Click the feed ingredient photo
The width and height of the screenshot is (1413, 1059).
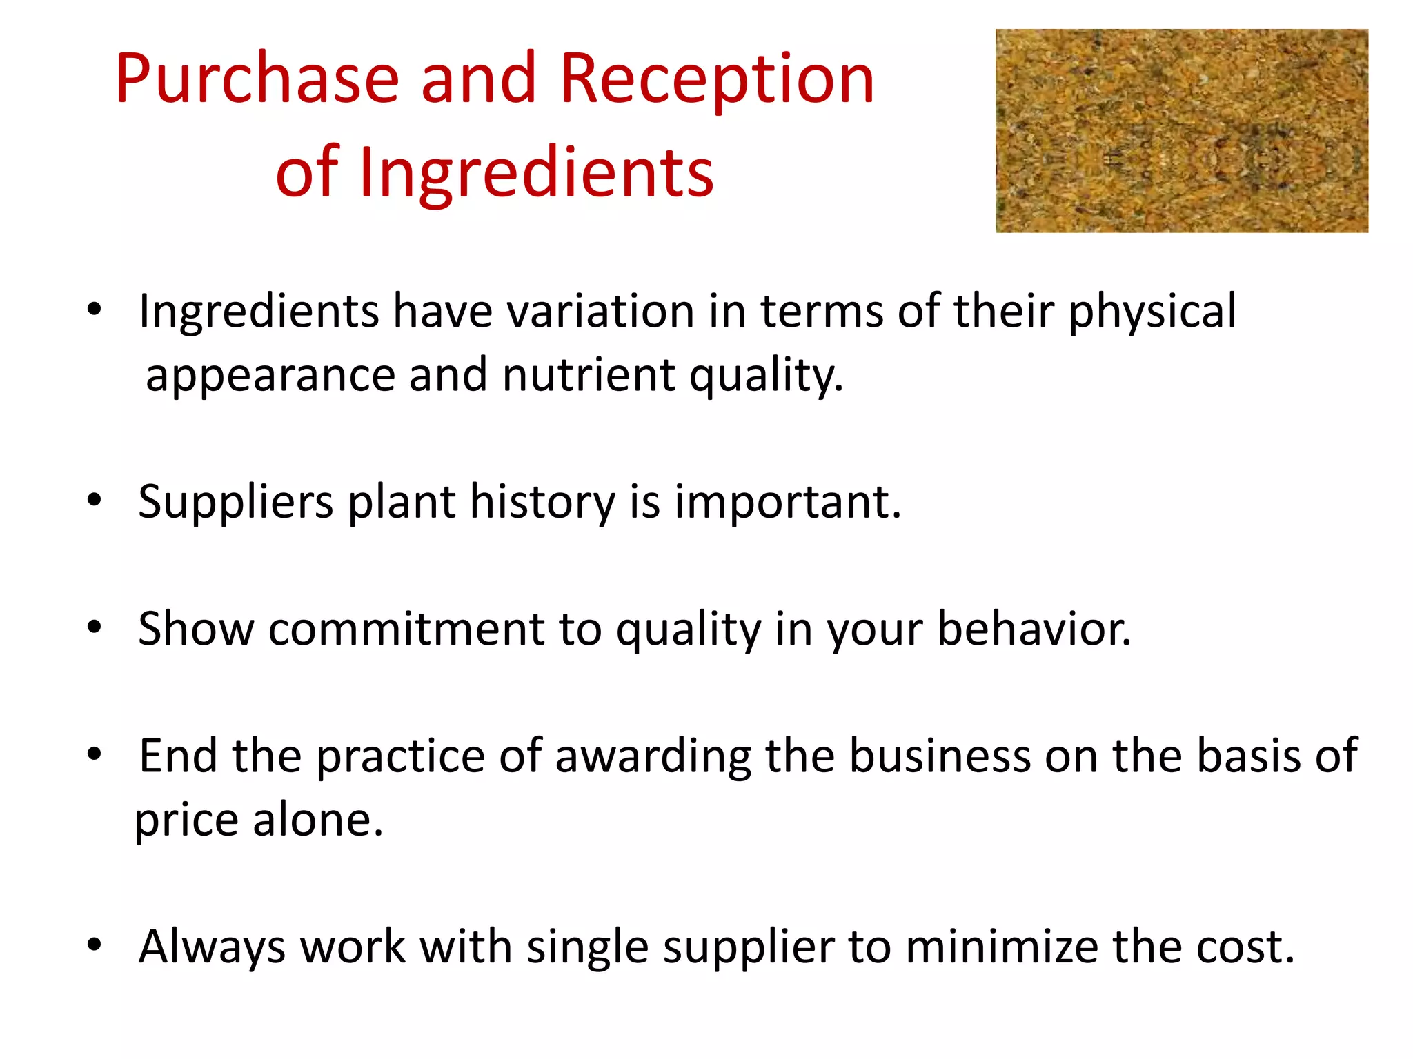(1181, 130)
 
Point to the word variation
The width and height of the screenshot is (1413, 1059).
(600, 311)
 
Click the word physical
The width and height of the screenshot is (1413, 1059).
(1152, 311)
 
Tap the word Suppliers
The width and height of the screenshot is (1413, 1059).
(236, 502)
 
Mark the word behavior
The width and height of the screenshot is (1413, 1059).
(1033, 629)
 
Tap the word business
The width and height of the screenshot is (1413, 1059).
(939, 756)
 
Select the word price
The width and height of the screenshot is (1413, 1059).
(186, 820)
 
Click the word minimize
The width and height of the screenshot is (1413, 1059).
(1001, 946)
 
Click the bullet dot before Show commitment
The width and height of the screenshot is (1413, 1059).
(95, 627)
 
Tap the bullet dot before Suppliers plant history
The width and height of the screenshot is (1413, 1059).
(95, 501)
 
